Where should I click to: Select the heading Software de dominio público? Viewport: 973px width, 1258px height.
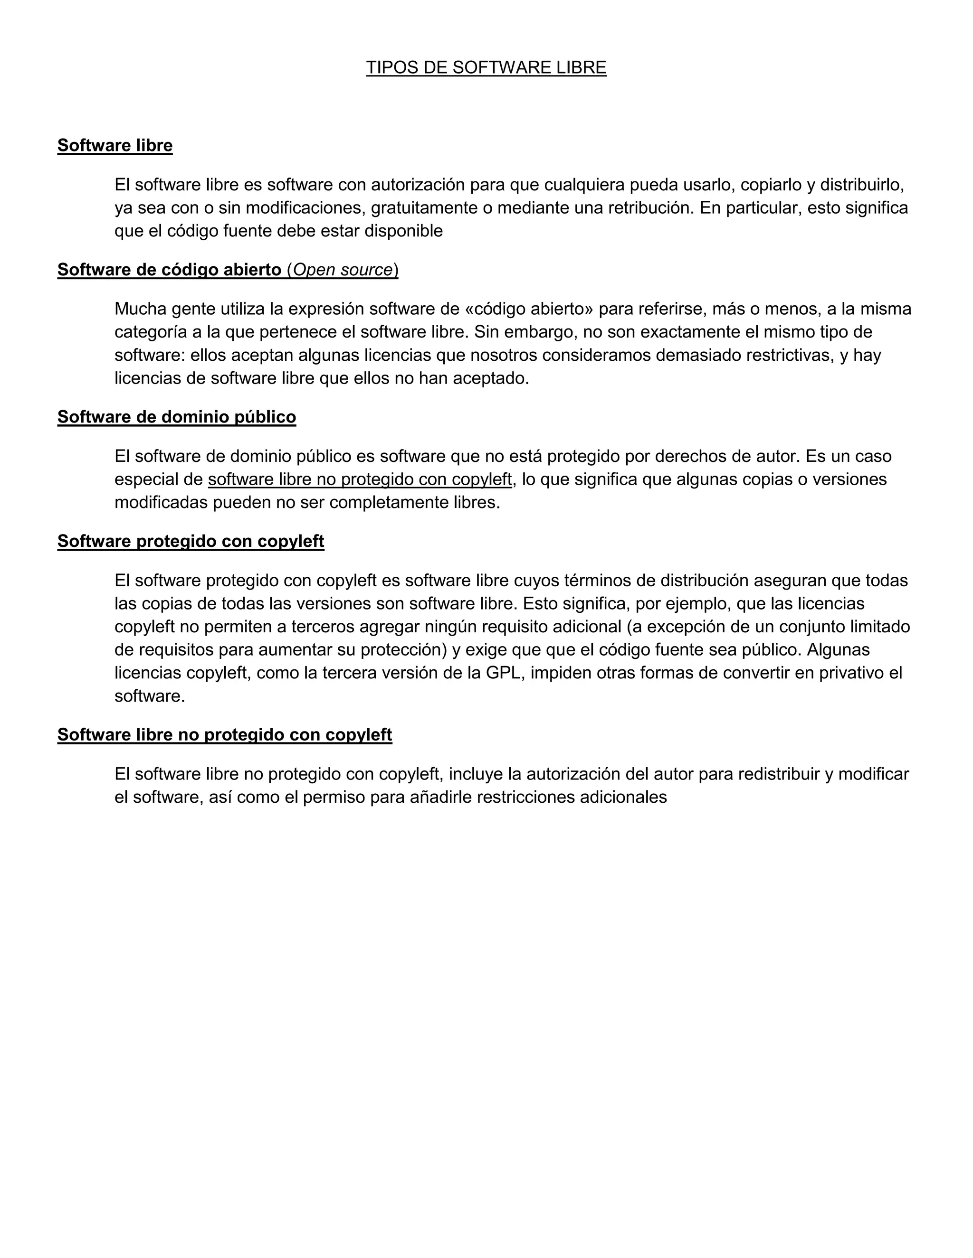(176, 417)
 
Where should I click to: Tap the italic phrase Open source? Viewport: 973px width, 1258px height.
(343, 270)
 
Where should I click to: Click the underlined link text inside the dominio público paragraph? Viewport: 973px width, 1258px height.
(360, 479)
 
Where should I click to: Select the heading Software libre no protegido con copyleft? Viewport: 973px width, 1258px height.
(224, 735)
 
